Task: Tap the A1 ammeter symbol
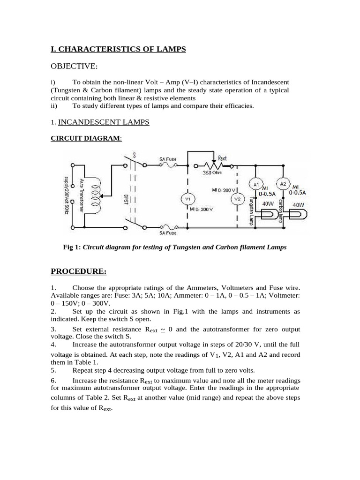pyautogui.click(x=256, y=184)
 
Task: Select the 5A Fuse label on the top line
pyautogui.click(x=168, y=159)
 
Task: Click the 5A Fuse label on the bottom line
pyautogui.click(x=168, y=232)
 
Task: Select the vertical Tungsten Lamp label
pyautogui.click(x=252, y=211)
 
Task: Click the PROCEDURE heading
pyautogui.click(x=78, y=271)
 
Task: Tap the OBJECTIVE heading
pyautogui.click(x=74, y=69)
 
